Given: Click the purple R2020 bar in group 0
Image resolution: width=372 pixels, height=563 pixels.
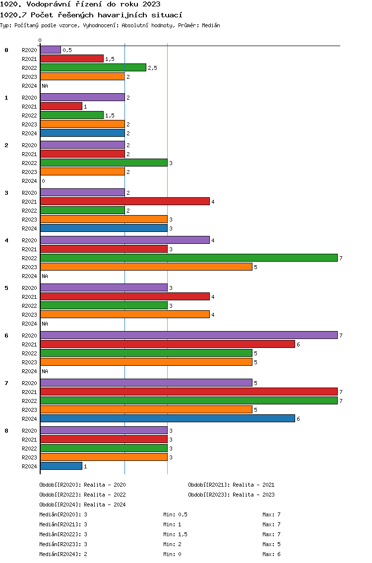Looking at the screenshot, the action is tap(51, 50).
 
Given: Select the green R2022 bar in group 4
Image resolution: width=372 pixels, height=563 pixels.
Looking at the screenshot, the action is tap(189, 258).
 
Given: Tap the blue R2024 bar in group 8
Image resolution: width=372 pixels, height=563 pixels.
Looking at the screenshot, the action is tap(61, 466).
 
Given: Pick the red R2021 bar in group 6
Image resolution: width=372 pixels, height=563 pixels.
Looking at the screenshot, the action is tap(168, 344).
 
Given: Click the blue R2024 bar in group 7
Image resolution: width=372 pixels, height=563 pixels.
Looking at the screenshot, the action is tap(168, 419).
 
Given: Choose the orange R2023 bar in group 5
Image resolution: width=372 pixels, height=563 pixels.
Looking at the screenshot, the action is tap(125, 315).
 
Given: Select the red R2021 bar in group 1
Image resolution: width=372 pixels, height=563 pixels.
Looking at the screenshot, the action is tap(61, 106).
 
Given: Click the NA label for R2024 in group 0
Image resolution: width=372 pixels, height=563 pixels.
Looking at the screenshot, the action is tap(45, 86).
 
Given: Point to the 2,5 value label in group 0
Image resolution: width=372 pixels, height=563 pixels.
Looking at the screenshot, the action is tap(152, 68).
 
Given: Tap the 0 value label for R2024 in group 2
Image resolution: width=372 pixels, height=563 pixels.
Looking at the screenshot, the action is tap(44, 181).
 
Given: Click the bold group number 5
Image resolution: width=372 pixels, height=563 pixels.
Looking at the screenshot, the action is tap(6, 288).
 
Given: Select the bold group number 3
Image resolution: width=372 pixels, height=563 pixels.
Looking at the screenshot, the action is tap(6, 193).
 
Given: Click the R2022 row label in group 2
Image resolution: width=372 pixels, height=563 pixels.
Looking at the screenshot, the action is tap(29, 163).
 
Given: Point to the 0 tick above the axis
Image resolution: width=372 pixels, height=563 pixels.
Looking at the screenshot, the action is tap(40, 40).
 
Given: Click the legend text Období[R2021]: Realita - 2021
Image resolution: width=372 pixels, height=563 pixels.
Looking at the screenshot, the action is tap(231, 485).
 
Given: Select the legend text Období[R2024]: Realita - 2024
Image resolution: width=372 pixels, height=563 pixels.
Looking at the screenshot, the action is tap(82, 505).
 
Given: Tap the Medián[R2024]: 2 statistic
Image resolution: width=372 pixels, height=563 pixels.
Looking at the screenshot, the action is tap(63, 554).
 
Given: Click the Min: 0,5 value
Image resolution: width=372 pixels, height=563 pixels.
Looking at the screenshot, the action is tap(176, 514).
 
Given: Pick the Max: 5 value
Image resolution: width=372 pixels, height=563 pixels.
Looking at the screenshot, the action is tap(271, 544).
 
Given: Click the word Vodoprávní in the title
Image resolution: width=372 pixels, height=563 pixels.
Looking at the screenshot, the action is tap(49, 4).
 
